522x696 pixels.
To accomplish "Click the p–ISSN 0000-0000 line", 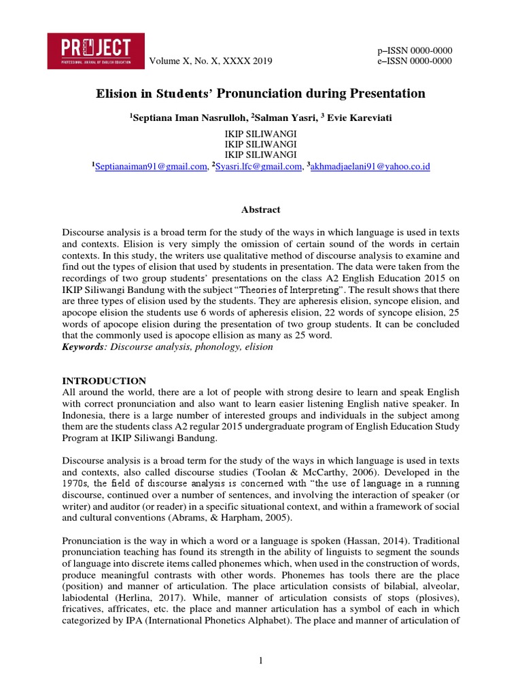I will tap(415, 51).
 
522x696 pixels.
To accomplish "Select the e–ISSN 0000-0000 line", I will tap(415, 61).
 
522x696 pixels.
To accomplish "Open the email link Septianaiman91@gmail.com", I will tap(150, 167).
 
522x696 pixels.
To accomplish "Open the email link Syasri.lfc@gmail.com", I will tap(258, 167).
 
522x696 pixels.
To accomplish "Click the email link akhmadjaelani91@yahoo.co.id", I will tap(370, 167).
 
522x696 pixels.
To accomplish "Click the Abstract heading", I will tap(261, 210).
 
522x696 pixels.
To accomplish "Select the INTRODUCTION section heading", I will tap(104, 381).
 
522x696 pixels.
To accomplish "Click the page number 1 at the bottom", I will tap(261, 659).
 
